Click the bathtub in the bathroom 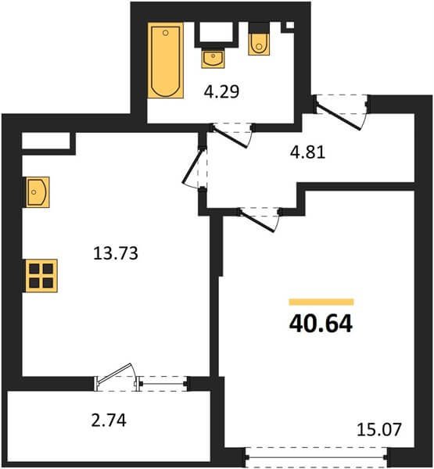point(166,60)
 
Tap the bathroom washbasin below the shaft point(213,58)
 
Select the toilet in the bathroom point(259,43)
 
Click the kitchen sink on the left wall point(38,192)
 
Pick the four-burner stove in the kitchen point(41,275)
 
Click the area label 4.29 point(221,91)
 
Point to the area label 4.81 point(307,152)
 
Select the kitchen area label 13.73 point(116,253)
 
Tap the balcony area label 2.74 point(109,420)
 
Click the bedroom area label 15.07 point(379,430)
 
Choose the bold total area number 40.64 point(321,324)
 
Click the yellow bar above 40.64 point(321,302)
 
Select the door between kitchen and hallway point(192,166)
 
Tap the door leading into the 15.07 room point(257,220)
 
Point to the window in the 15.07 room point(317,457)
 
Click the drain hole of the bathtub point(166,32)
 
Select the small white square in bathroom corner point(290,26)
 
